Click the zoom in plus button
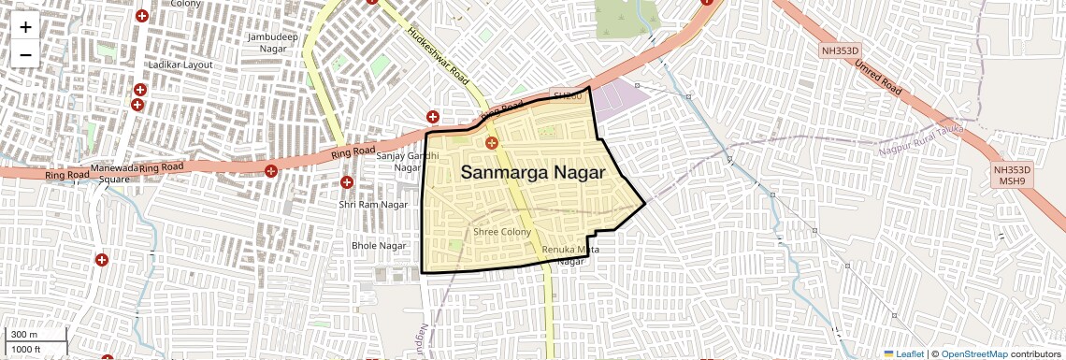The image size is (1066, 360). click(25, 27)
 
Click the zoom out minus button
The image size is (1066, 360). click(25, 55)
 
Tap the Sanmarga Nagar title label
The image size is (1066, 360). click(533, 173)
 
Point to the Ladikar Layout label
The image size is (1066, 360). click(179, 65)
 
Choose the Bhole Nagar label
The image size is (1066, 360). click(379, 245)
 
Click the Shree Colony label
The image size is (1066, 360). click(502, 232)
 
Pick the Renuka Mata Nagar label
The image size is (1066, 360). click(570, 255)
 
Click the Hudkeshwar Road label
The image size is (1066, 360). click(438, 54)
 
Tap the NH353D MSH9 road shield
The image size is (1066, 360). click(1013, 176)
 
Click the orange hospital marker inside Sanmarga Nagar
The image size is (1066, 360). click(492, 142)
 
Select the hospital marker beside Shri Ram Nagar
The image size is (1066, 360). click(347, 182)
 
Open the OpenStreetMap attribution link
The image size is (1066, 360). click(974, 354)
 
